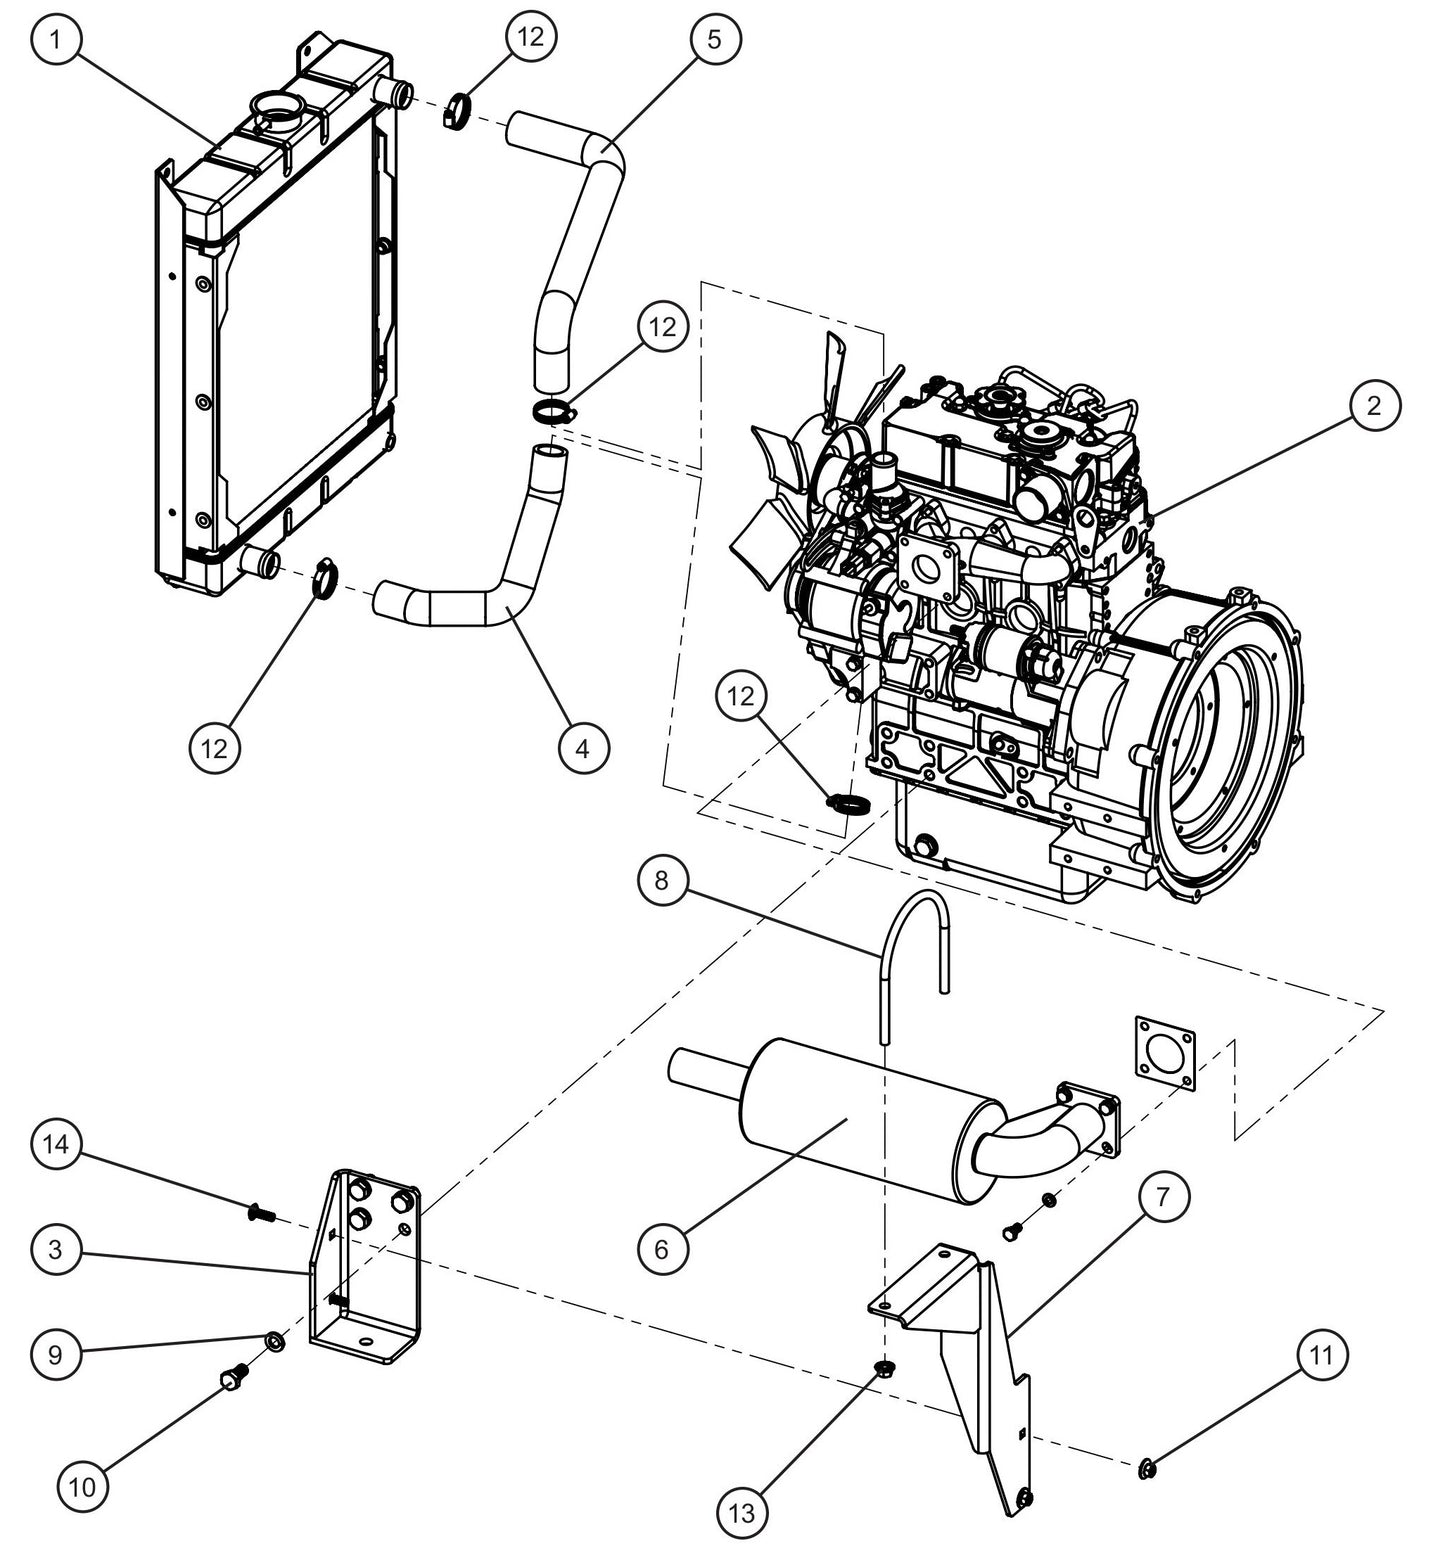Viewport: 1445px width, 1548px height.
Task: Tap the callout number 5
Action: pyautogui.click(x=714, y=41)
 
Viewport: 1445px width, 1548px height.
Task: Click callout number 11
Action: pyautogui.click(x=1321, y=1357)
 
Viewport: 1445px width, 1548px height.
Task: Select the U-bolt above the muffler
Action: pyautogui.click(x=915, y=940)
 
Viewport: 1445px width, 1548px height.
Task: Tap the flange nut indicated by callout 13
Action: pyautogui.click(x=883, y=1368)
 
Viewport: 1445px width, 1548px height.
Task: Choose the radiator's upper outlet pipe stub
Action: pyautogui.click(x=395, y=94)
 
